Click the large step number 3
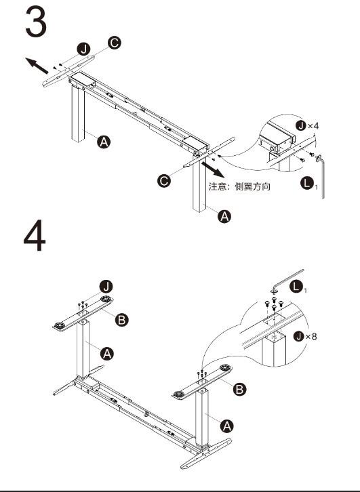(36, 22)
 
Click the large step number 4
(35, 235)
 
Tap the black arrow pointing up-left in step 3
(37, 66)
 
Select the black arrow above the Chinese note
(213, 169)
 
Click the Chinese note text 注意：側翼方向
(239, 186)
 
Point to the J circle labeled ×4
(301, 125)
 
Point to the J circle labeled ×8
(298, 336)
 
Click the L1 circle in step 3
(307, 183)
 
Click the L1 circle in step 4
(296, 287)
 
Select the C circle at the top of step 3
(115, 43)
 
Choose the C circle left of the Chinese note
(164, 181)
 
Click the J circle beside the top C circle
(84, 49)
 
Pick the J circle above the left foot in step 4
(106, 287)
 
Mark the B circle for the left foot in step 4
(121, 320)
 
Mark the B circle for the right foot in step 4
(239, 390)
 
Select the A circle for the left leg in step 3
(104, 142)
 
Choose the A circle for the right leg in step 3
(224, 216)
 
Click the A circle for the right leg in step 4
(226, 426)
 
